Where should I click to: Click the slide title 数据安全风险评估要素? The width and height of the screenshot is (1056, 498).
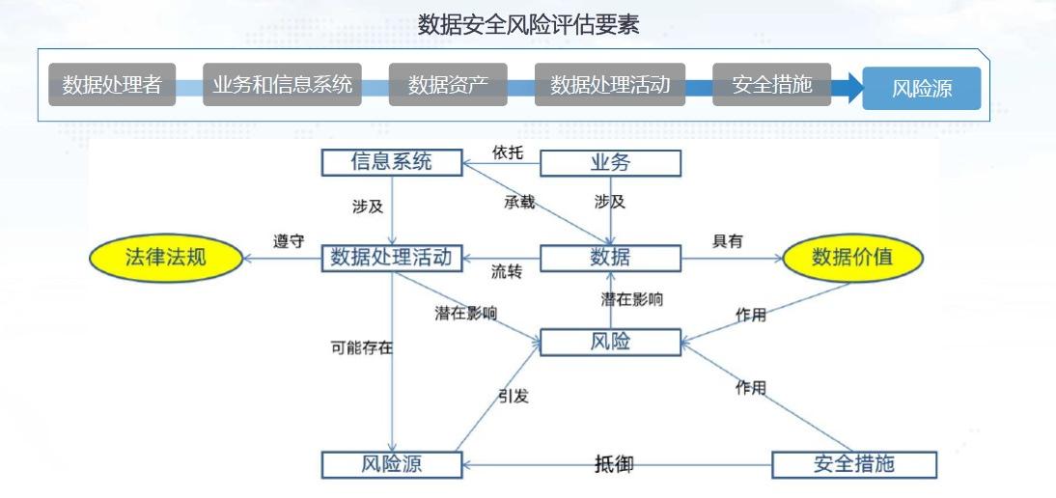coord(528,25)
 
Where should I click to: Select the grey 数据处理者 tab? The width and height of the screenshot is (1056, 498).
coord(112,85)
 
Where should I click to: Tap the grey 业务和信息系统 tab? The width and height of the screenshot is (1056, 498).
coord(282,85)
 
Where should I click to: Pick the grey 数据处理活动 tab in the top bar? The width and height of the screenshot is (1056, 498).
coord(609,85)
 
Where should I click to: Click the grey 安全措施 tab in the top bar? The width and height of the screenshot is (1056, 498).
coord(771,85)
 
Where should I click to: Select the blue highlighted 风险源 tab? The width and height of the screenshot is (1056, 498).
coord(921,89)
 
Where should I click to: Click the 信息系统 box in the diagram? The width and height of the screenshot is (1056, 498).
coord(391,162)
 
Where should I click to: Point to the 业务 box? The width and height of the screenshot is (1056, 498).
coord(609,163)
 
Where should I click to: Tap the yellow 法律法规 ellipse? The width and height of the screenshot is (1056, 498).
coord(165,258)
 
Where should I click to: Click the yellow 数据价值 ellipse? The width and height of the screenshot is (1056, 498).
coord(851,258)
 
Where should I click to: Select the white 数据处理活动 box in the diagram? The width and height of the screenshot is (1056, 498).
coord(391,258)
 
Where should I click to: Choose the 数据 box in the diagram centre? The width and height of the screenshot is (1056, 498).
coord(609,258)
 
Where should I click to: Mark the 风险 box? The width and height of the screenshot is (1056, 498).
coord(609,342)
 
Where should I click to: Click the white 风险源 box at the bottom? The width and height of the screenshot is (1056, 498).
coord(391,464)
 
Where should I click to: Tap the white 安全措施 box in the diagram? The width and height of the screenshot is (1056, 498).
coord(853,464)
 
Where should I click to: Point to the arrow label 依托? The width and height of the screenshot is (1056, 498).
coord(507,152)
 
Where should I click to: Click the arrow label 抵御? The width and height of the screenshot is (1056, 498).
coord(614,464)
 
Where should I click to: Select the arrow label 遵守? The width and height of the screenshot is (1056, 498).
coord(288,241)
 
